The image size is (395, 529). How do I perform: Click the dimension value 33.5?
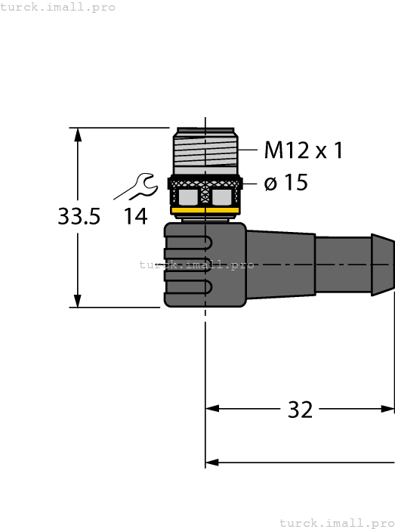79,217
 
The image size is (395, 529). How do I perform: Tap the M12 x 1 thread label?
303,150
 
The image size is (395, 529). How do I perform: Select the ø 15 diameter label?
286,183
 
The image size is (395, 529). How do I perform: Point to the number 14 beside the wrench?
136,217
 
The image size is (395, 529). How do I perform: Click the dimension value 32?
300,410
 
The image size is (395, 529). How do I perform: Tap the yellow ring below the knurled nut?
205,210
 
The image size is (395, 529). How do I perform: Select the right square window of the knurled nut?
221,197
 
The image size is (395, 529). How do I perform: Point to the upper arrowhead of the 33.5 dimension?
78,134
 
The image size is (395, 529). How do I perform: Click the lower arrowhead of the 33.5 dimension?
78,301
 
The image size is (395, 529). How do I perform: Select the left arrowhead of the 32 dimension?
212,409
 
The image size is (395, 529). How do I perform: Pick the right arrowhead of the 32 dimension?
387,409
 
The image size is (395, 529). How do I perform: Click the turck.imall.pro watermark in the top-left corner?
58,7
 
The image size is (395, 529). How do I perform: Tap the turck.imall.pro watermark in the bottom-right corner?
336,522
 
